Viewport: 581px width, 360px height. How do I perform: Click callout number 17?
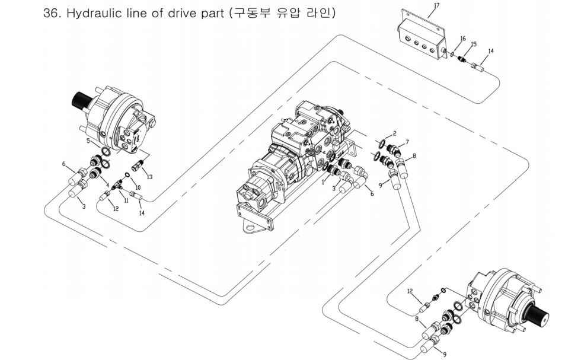pyautogui.click(x=436, y=5)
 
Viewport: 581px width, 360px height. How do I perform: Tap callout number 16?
pyautogui.click(x=463, y=39)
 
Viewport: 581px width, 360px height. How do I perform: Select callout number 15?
pyautogui.click(x=474, y=44)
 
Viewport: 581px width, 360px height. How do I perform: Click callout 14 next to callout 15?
pyautogui.click(x=491, y=52)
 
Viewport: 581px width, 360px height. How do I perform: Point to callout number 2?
pyautogui.click(x=394, y=134)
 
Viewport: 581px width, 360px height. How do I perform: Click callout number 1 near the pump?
pyautogui.click(x=323, y=182)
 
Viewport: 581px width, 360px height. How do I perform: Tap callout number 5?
pyautogui.click(x=88, y=141)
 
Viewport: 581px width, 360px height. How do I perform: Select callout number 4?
pyautogui.click(x=107, y=186)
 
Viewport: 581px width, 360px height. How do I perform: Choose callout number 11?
pyautogui.click(x=126, y=200)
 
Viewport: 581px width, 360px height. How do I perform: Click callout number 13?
pyautogui.click(x=149, y=177)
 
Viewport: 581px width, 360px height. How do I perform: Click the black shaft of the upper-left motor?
pyautogui.click(x=82, y=102)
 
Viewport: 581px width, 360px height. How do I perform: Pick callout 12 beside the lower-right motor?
pyautogui.click(x=410, y=291)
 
